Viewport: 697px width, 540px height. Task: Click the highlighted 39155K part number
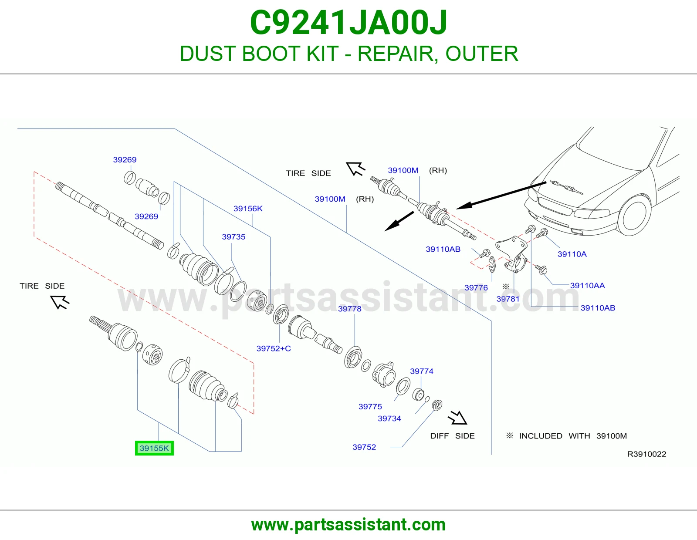154,448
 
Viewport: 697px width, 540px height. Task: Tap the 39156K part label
248,209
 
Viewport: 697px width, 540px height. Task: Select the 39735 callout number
233,237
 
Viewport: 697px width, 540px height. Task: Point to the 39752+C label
274,348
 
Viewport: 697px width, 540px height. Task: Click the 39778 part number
350,309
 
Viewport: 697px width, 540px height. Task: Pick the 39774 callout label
422,371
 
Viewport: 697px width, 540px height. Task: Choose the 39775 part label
370,407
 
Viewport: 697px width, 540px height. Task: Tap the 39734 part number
389,418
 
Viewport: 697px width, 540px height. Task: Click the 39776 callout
476,288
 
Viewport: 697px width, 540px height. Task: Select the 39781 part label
508,299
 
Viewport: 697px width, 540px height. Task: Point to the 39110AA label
588,286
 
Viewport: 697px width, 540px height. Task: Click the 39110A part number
572,254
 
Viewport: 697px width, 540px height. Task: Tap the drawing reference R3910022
646,454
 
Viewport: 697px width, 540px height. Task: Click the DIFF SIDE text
452,436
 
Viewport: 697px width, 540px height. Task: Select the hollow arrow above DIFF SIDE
457,418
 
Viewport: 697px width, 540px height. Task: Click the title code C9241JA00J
348,23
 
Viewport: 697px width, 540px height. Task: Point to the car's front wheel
634,215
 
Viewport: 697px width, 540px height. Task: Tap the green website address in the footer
348,525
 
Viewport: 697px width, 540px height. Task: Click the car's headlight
592,213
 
